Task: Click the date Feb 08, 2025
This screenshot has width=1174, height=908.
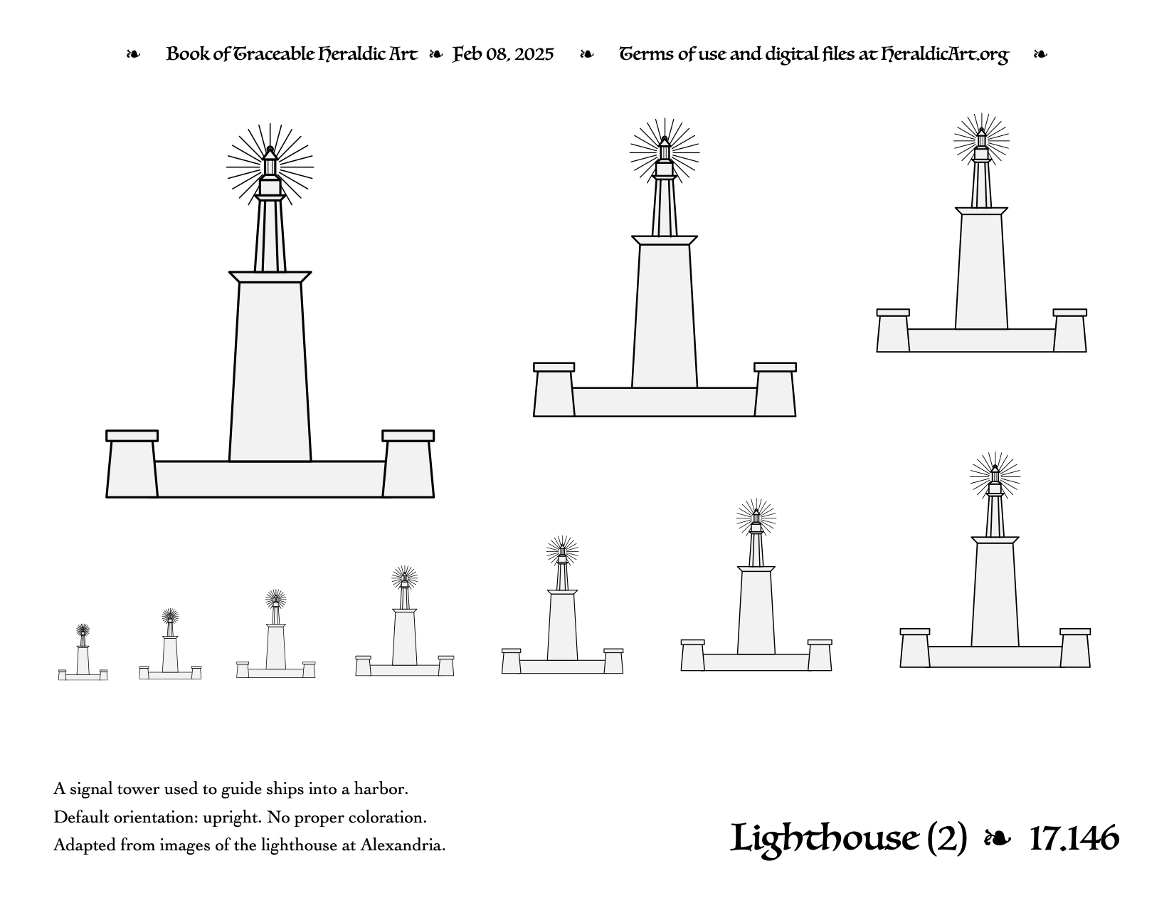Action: click(x=503, y=54)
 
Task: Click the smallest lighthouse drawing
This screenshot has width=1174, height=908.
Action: click(x=83, y=652)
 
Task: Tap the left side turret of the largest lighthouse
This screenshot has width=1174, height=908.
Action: click(x=132, y=464)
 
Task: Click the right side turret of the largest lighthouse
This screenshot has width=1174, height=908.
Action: click(x=408, y=464)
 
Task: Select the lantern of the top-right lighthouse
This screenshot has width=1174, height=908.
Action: click(x=981, y=139)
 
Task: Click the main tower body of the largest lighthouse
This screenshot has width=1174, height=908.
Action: click(x=270, y=372)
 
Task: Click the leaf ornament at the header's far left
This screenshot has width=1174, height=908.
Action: click(x=133, y=54)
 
